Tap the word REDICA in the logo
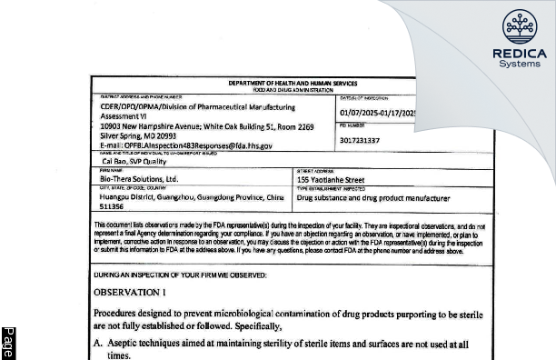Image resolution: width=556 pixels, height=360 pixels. coord(519,54)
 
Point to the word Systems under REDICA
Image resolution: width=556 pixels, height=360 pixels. coord(519,65)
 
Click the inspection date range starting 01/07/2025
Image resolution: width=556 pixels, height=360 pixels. coord(363,113)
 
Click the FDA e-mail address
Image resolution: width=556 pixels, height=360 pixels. coord(174,145)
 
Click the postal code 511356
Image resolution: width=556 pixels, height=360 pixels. coord(113,205)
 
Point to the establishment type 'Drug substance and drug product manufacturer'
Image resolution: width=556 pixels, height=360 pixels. coord(373,197)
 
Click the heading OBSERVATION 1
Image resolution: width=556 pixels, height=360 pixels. coord(131,292)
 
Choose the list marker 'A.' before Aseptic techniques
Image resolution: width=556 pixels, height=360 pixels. coord(99,345)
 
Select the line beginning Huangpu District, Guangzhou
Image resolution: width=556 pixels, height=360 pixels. coord(192,196)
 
